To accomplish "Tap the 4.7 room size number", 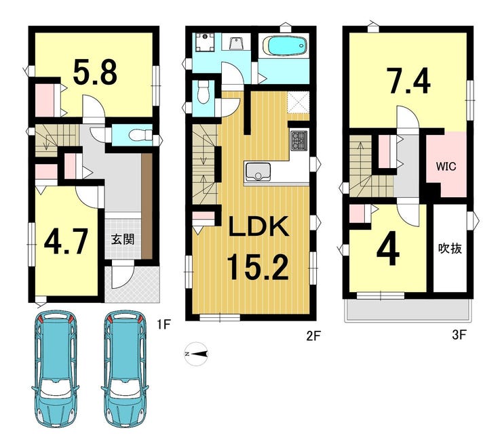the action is click(66, 242).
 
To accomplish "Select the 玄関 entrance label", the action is click(123, 239).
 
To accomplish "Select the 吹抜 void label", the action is click(450, 249).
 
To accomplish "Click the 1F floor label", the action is click(163, 325).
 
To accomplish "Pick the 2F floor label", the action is click(313, 335).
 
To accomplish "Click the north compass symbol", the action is click(196, 354).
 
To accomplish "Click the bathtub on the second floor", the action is click(285, 45).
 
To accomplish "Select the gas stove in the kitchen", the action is click(299, 140).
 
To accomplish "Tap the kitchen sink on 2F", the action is click(258, 171).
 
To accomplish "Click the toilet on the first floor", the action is click(140, 135).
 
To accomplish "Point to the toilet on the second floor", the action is click(203, 92).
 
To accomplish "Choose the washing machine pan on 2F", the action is click(205, 42).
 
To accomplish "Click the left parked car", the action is click(56, 369).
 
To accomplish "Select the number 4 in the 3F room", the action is click(388, 249).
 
